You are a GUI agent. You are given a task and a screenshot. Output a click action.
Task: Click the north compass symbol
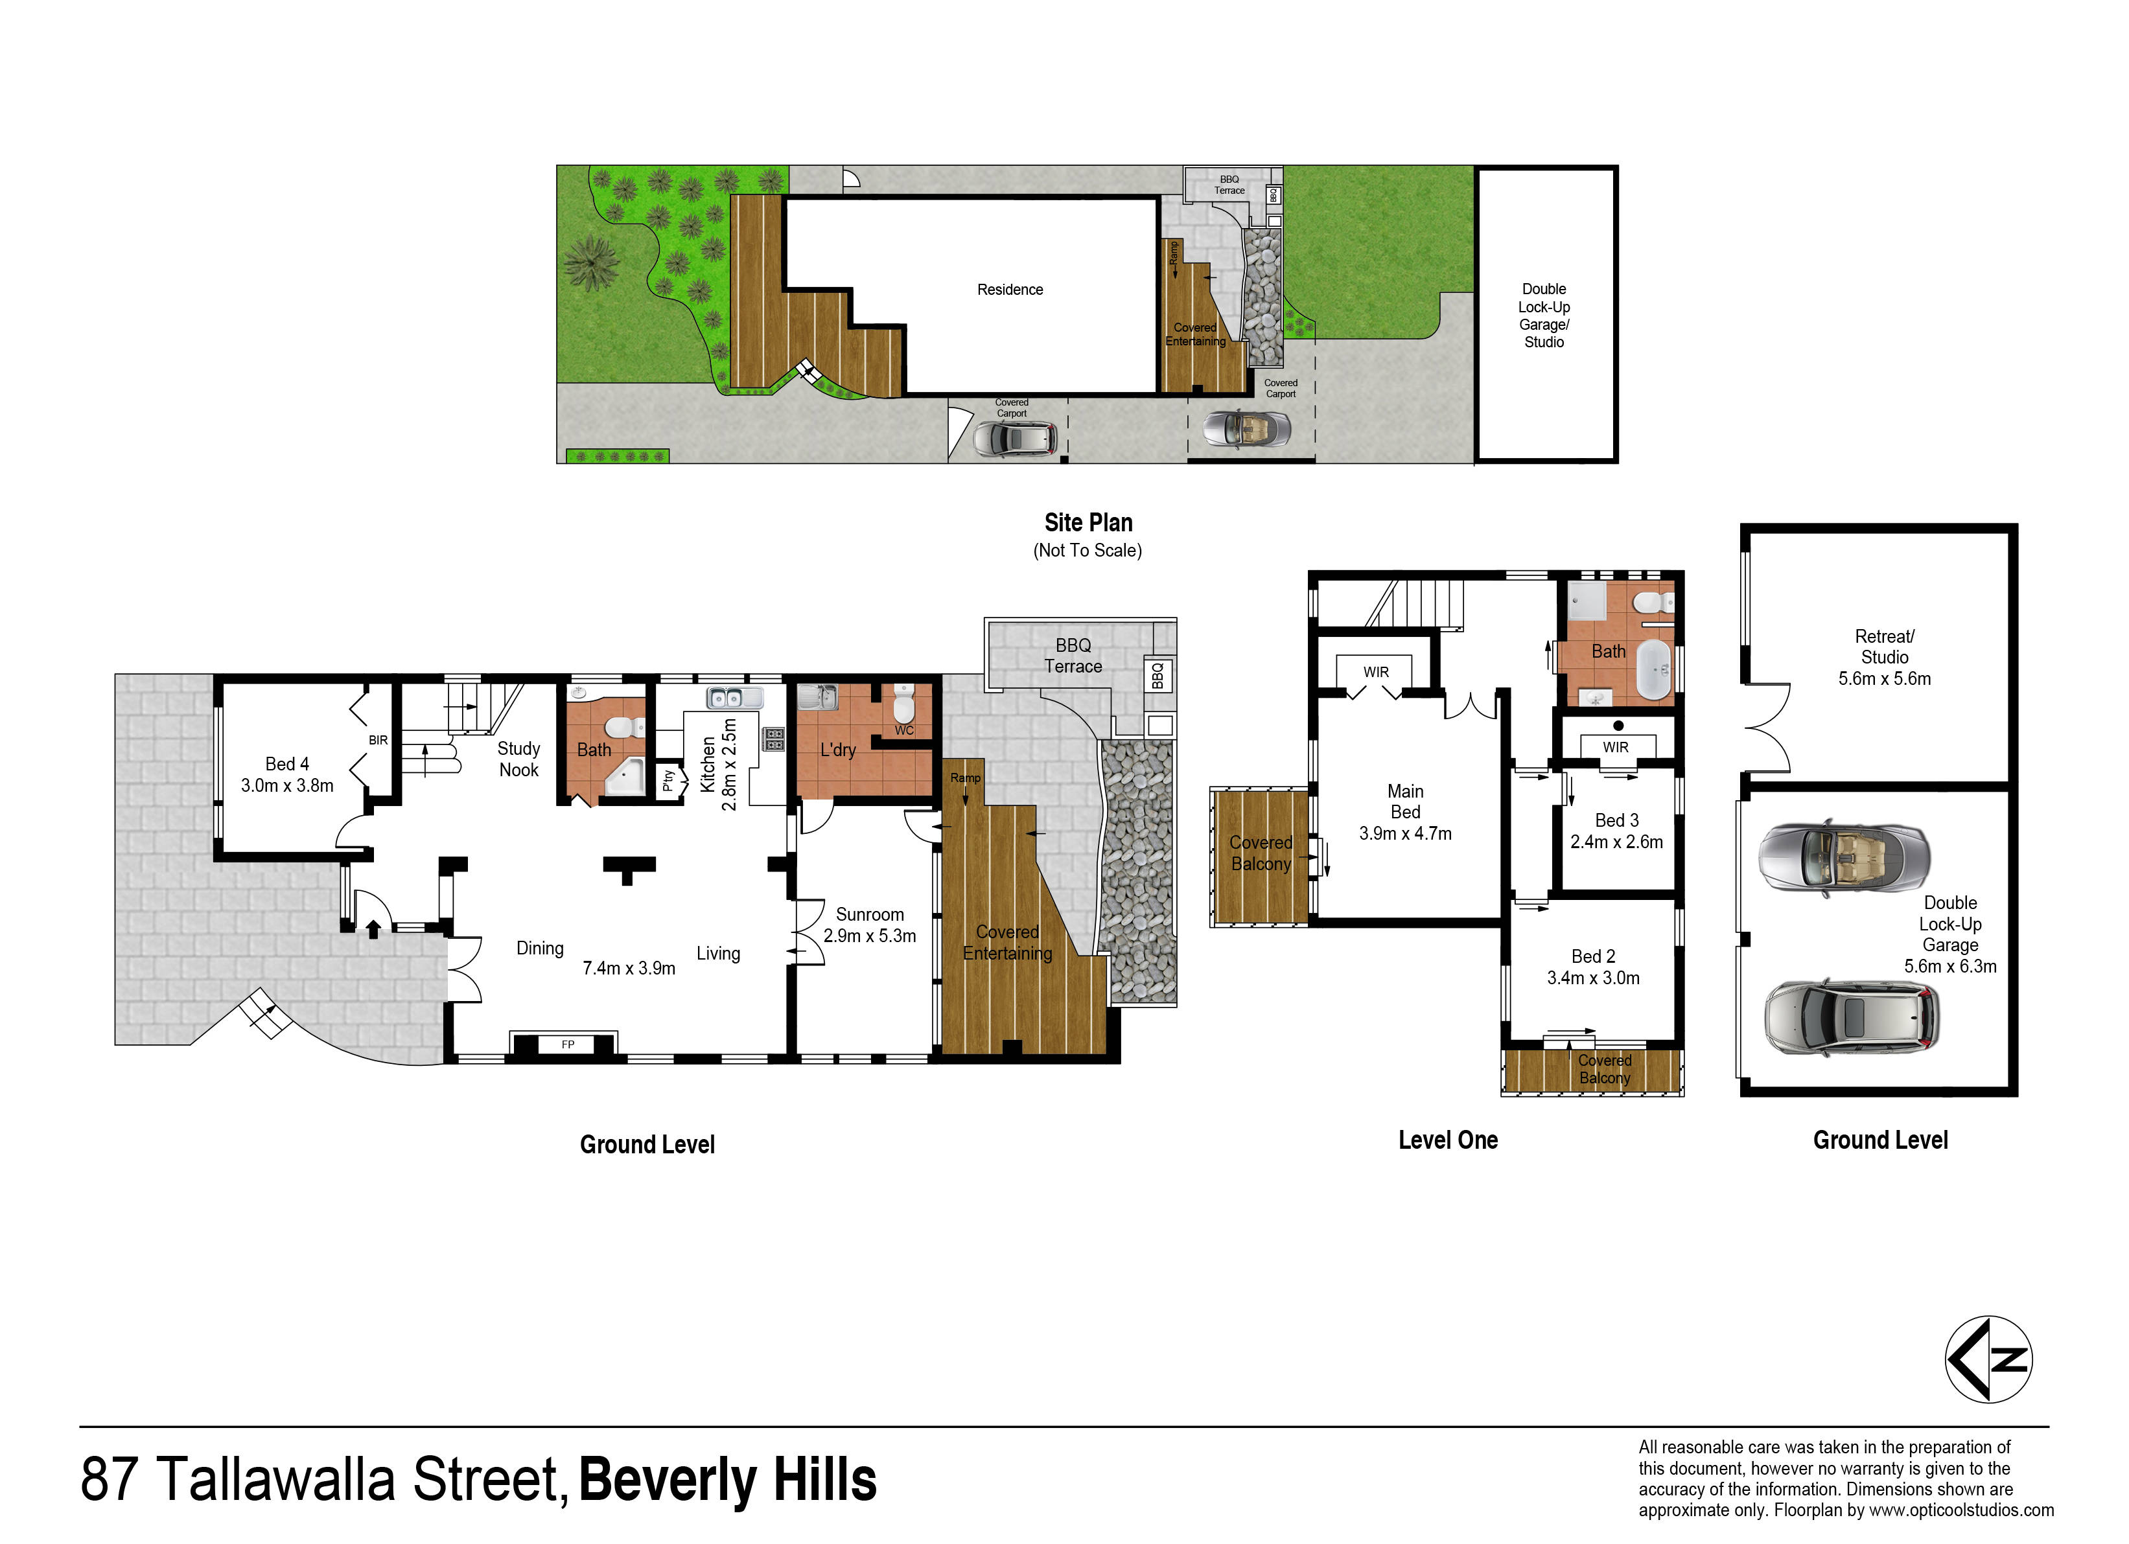tap(1988, 1359)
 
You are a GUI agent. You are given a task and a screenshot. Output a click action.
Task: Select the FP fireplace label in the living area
tap(568, 1044)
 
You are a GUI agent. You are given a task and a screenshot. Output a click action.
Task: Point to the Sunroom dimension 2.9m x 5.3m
tap(869, 936)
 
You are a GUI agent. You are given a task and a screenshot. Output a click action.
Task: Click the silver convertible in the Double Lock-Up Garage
tap(1844, 857)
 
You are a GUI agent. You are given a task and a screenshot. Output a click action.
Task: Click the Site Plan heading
tap(1089, 523)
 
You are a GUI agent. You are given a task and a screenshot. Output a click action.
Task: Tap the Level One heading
tap(1447, 1140)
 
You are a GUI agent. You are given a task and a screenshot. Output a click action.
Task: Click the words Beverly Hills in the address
tap(728, 1481)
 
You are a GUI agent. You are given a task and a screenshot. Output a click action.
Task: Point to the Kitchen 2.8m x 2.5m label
tap(718, 764)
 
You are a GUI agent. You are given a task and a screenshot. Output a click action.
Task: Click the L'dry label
tap(837, 750)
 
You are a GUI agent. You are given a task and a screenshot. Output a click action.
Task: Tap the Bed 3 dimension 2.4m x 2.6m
tap(1616, 842)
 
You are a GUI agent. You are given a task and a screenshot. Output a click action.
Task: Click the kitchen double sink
tap(735, 697)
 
